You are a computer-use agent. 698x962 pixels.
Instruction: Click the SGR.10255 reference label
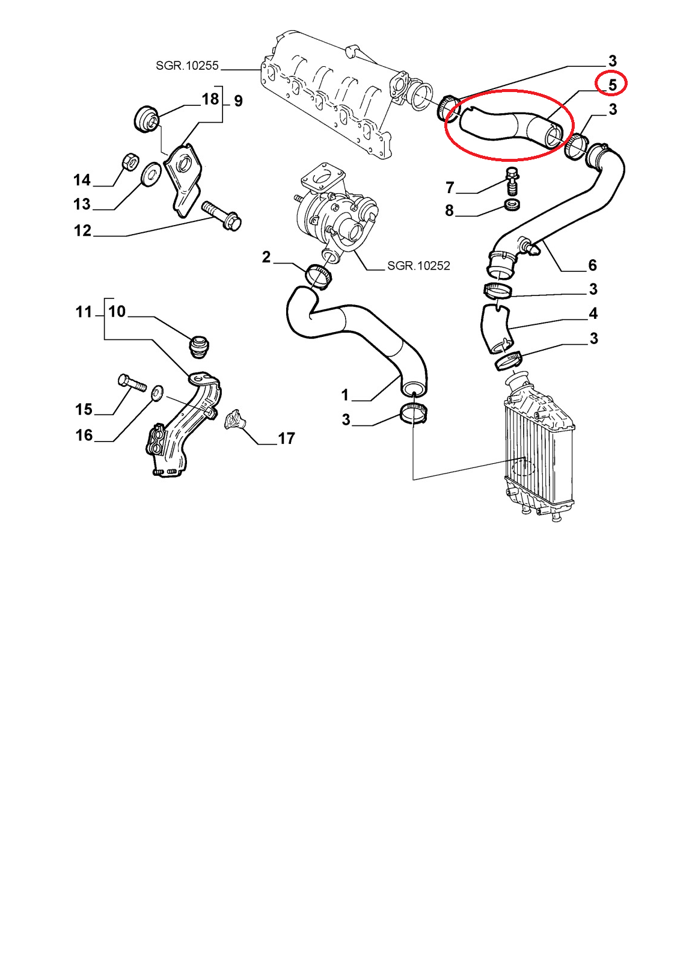pyautogui.click(x=187, y=66)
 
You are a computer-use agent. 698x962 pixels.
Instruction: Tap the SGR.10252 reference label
pyautogui.click(x=418, y=266)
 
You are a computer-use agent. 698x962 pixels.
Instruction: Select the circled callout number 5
pyautogui.click(x=612, y=85)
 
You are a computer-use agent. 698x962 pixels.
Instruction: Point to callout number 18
pyautogui.click(x=210, y=99)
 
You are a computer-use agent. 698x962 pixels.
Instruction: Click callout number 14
pyautogui.click(x=82, y=180)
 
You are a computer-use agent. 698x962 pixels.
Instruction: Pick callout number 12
pyautogui.click(x=82, y=230)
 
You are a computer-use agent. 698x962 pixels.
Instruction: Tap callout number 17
pyautogui.click(x=286, y=439)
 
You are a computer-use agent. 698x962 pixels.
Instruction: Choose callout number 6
pyautogui.click(x=592, y=265)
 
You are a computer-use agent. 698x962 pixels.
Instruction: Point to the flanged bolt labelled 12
pyautogui.click(x=221, y=215)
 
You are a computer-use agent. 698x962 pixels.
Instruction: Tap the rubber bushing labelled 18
pyautogui.click(x=147, y=119)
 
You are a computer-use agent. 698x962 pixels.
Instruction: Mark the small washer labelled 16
pyautogui.click(x=158, y=392)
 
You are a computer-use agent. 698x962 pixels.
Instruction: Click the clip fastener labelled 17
pyautogui.click(x=234, y=418)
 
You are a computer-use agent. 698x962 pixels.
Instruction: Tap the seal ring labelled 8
pyautogui.click(x=513, y=205)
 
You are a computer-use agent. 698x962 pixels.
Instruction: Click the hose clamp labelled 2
pyautogui.click(x=319, y=277)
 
